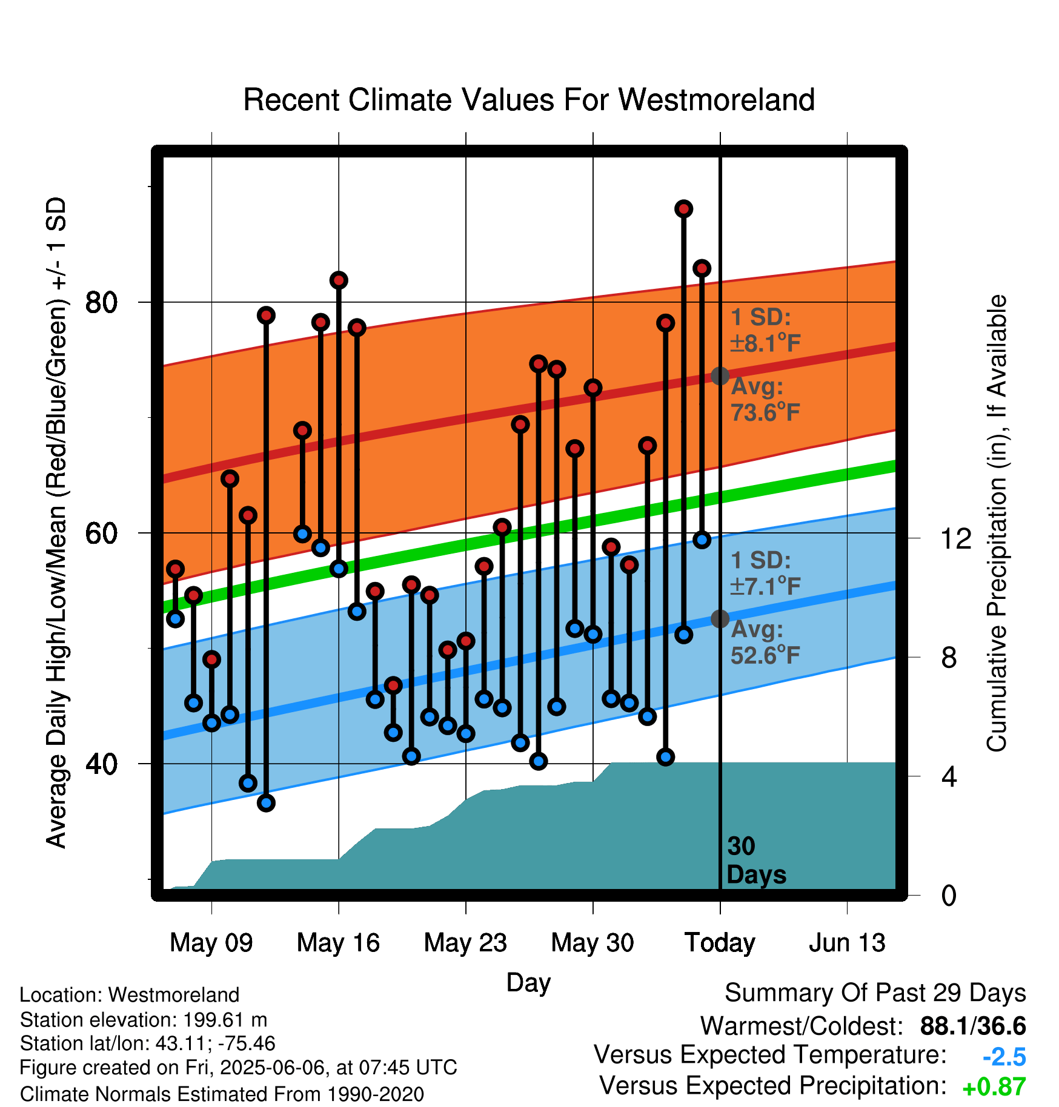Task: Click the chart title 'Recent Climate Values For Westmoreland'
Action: [x=529, y=100]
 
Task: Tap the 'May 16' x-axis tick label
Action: [x=338, y=943]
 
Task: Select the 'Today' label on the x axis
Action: [x=720, y=943]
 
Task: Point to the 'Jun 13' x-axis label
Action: [x=847, y=943]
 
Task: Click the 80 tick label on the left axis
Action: [x=101, y=302]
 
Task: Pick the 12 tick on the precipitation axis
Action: [x=955, y=538]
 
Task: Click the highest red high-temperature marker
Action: [x=684, y=209]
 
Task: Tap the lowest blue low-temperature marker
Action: [x=266, y=803]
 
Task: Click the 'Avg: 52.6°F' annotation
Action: [x=766, y=642]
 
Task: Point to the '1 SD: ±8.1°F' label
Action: [x=766, y=330]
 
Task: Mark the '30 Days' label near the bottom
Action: [x=756, y=861]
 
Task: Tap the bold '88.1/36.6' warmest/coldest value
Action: [x=973, y=1026]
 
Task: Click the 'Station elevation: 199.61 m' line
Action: [x=144, y=1020]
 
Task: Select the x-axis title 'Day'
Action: [x=529, y=982]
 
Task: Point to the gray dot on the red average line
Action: [x=720, y=376]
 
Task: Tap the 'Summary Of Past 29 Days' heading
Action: [x=875, y=993]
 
